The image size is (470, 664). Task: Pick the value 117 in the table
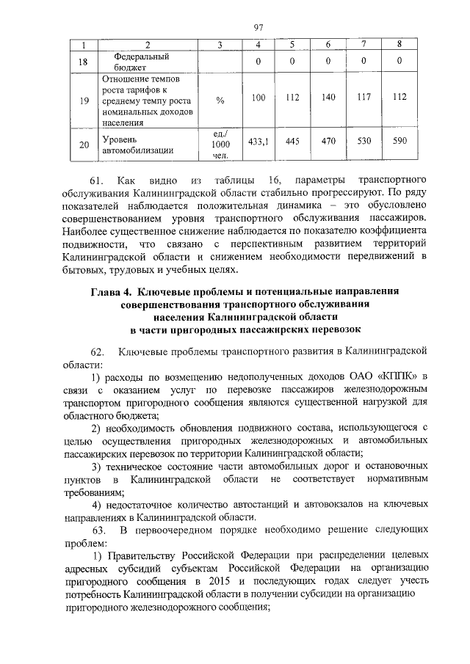364,96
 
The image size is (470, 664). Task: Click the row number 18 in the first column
83,62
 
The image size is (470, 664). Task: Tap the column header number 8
399,45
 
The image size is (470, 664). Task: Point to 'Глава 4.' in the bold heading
112,291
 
